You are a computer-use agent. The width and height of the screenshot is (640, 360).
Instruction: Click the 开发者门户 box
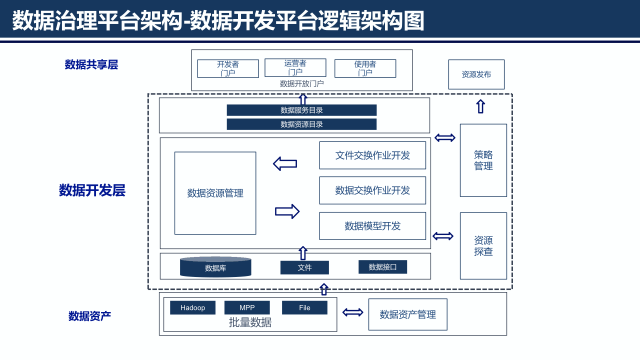pyautogui.click(x=228, y=68)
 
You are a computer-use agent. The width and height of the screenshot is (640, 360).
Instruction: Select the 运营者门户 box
pyautogui.click(x=295, y=67)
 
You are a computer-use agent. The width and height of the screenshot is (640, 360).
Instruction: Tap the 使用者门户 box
pyautogui.click(x=365, y=68)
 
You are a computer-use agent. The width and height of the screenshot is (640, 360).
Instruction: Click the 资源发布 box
pyautogui.click(x=476, y=74)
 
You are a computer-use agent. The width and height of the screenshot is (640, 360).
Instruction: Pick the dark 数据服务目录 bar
pyautogui.click(x=301, y=110)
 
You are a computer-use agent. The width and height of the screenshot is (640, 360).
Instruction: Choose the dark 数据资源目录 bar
pyautogui.click(x=301, y=124)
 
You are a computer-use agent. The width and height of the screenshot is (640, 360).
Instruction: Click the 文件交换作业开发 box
pyautogui.click(x=372, y=155)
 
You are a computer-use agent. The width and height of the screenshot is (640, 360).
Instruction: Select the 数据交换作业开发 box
pyautogui.click(x=372, y=190)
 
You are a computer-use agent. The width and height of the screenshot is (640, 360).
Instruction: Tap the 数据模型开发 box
pyautogui.click(x=372, y=226)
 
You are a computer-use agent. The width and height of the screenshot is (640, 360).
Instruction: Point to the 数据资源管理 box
pyautogui.click(x=215, y=193)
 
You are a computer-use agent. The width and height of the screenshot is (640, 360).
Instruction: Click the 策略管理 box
pyautogui.click(x=483, y=160)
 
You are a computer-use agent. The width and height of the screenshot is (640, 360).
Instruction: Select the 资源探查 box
pyautogui.click(x=483, y=246)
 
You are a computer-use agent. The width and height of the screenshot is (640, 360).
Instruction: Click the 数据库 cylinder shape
pyautogui.click(x=215, y=267)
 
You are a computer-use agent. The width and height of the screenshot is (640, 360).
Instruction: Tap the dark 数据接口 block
pyautogui.click(x=382, y=267)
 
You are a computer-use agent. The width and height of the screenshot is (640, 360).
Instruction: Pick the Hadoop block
pyautogui.click(x=192, y=307)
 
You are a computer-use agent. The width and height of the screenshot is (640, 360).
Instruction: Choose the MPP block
pyautogui.click(x=247, y=307)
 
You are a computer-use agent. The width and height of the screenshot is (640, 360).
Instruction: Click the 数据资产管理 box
pyautogui.click(x=407, y=314)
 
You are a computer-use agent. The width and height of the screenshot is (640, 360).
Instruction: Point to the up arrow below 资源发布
pyautogui.click(x=480, y=106)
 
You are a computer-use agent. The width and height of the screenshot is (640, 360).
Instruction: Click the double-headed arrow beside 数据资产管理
pyautogui.click(x=353, y=312)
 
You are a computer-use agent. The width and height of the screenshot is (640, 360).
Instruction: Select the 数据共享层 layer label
pyautogui.click(x=91, y=64)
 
